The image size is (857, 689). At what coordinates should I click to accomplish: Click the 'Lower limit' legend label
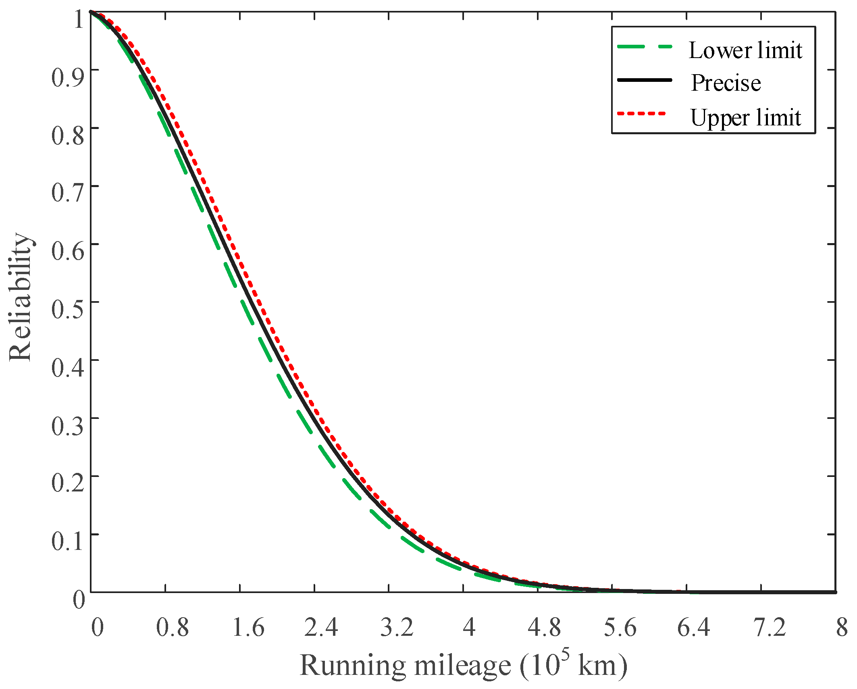pos(745,51)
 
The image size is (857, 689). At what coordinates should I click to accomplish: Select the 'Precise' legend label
pos(726,83)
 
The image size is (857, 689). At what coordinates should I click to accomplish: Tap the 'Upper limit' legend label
pos(745,118)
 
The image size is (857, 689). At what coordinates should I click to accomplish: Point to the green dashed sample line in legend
pos(645,47)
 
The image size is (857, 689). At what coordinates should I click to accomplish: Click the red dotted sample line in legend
pos(642,114)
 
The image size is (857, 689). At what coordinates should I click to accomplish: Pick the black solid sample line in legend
pos(645,80)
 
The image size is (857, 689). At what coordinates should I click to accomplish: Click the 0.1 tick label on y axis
pos(68,541)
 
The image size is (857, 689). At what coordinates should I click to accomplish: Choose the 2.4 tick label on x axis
pos(321,628)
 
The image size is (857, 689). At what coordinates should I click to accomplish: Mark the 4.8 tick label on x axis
pos(544,628)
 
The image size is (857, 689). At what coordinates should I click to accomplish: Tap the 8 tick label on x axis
pos(842,628)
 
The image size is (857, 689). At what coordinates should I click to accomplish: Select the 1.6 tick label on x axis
pos(248,628)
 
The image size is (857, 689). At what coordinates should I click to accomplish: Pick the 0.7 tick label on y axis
pos(68,193)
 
